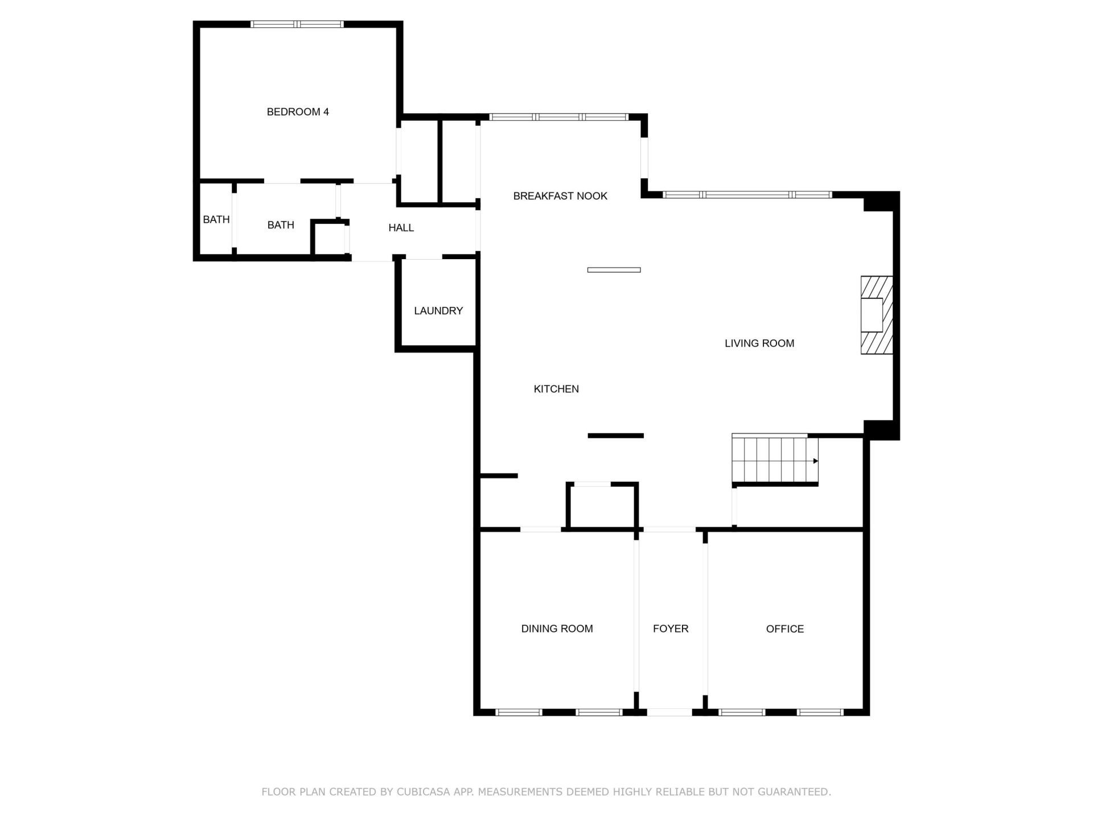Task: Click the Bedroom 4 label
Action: tap(298, 112)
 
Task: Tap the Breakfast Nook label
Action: tap(560, 196)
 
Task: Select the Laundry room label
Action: tap(438, 311)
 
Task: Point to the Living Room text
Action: tap(759, 343)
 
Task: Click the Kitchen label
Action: tap(556, 389)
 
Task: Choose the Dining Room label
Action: tap(557, 629)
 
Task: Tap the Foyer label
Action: tap(671, 629)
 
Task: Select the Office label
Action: tap(784, 629)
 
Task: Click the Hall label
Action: tap(401, 228)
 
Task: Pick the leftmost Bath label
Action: tap(216, 220)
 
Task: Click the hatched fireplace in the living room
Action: tap(876, 315)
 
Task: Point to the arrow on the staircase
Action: tap(815, 461)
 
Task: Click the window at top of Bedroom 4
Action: tap(297, 24)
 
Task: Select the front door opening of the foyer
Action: tap(669, 712)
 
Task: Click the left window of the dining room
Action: tap(518, 712)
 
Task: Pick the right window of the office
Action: tap(819, 712)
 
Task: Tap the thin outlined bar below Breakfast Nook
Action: tap(614, 270)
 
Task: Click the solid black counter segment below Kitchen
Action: tap(615, 436)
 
